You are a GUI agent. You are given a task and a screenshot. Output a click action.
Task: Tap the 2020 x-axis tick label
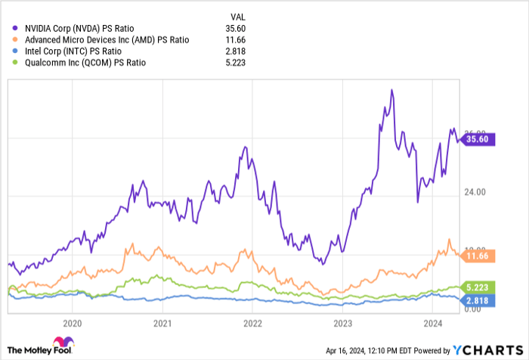73,323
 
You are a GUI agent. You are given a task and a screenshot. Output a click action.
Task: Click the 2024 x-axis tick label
432,323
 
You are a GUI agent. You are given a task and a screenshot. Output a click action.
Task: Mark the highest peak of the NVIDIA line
391,90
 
